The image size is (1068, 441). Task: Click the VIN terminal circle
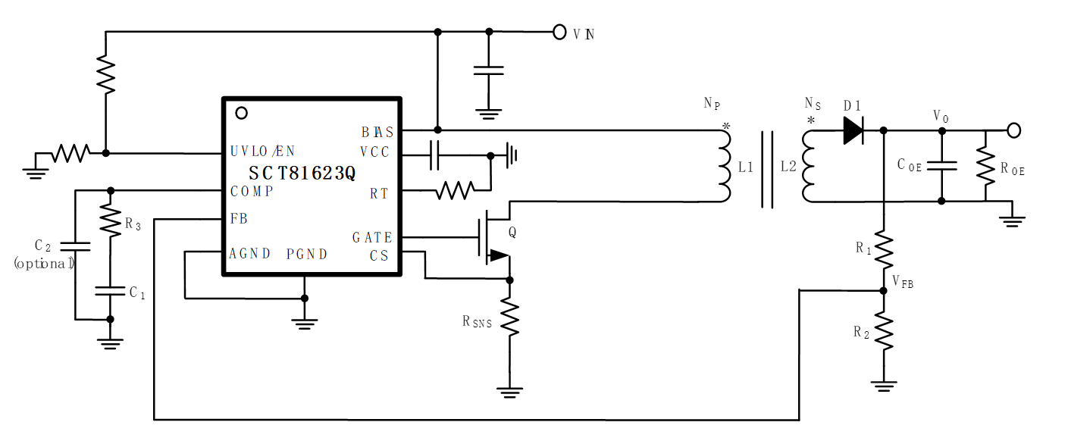(559, 32)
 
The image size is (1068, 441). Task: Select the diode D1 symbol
(853, 130)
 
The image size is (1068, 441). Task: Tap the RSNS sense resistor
(510, 320)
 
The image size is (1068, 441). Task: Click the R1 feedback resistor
(884, 249)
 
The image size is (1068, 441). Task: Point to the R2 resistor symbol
(884, 332)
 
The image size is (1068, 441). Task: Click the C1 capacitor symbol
(111, 291)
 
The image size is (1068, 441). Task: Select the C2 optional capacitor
(75, 246)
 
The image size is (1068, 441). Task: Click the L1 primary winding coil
(723, 166)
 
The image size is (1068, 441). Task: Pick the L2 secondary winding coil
(809, 166)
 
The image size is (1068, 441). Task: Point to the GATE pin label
(372, 238)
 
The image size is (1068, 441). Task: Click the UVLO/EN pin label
(262, 152)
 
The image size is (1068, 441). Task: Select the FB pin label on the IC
(239, 218)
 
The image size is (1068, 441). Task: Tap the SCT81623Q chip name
(302, 173)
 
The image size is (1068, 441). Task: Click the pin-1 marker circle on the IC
(241, 114)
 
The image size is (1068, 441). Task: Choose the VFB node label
(903, 282)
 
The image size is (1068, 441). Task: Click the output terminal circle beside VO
(1013, 130)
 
